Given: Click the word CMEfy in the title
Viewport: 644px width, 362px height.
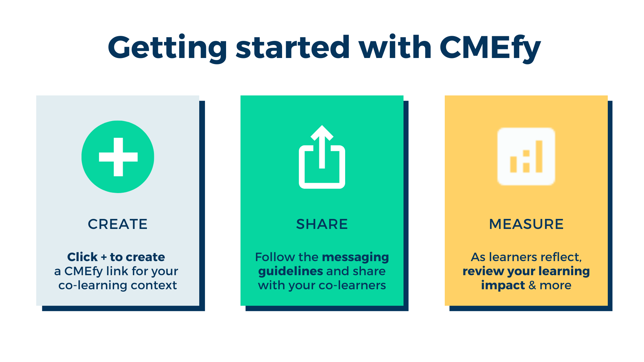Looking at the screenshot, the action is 490,48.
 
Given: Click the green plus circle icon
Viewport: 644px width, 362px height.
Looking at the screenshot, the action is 118,157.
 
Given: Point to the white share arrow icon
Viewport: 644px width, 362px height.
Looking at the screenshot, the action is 322,157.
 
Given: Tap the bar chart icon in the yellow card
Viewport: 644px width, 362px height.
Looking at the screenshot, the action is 526,156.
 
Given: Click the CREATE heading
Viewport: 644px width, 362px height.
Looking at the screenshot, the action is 118,224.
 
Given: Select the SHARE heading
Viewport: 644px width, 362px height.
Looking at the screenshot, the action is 322,224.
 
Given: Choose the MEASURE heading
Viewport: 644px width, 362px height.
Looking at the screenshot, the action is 526,224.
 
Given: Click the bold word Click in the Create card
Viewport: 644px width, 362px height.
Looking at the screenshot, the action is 83,257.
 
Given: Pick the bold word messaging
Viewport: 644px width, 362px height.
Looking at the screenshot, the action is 356,257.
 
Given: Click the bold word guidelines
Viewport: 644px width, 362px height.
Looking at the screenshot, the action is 290,271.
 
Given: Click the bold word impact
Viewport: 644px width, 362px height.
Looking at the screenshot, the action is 503,286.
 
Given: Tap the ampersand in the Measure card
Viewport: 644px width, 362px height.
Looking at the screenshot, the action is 532,285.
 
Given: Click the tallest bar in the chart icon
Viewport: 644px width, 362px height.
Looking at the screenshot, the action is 539,157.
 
